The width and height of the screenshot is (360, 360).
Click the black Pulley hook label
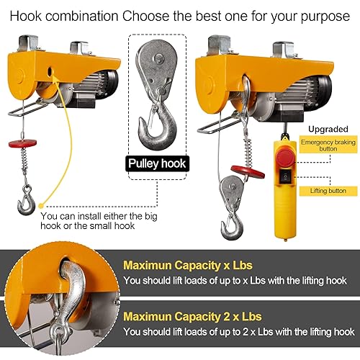157,163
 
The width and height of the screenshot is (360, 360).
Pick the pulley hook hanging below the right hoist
230,216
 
